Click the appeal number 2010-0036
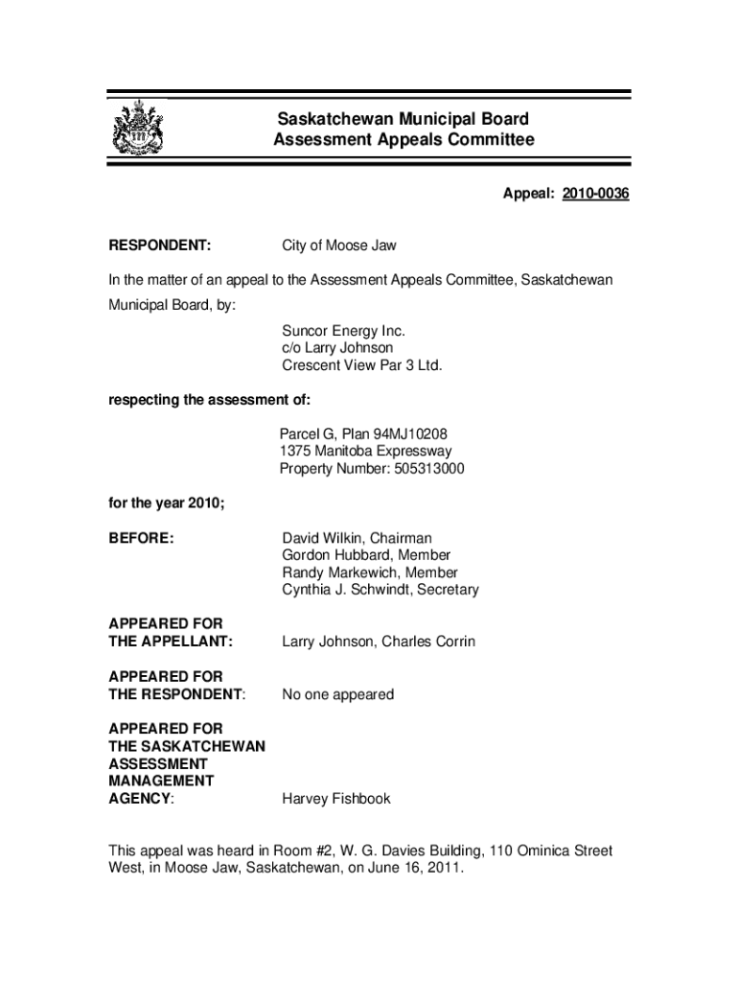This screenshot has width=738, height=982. click(x=595, y=195)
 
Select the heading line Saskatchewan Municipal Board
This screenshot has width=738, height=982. click(x=403, y=120)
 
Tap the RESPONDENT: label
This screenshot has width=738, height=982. click(x=160, y=246)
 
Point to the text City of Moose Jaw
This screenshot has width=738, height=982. click(x=338, y=246)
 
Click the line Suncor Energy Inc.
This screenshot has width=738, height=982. click(x=336, y=331)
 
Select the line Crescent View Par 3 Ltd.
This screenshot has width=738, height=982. click(x=361, y=365)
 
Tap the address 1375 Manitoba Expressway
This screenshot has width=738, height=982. click(x=365, y=452)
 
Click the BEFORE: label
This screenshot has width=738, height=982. click(x=141, y=539)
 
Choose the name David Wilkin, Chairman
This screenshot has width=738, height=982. click(x=357, y=539)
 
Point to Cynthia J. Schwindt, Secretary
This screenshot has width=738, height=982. click(x=380, y=590)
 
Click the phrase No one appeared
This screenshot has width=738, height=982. click(x=337, y=694)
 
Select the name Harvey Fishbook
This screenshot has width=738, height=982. click(x=336, y=799)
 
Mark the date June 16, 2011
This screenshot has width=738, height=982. click(x=414, y=869)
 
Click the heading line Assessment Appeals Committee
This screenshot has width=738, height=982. click(x=404, y=141)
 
